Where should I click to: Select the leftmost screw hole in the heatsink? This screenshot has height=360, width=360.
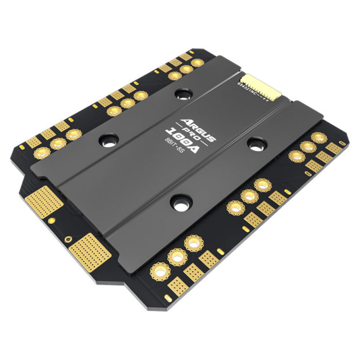pos(108,139)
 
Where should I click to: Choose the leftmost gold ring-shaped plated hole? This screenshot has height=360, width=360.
pos(42,152)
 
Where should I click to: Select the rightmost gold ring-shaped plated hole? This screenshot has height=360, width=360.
pos(319,138)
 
